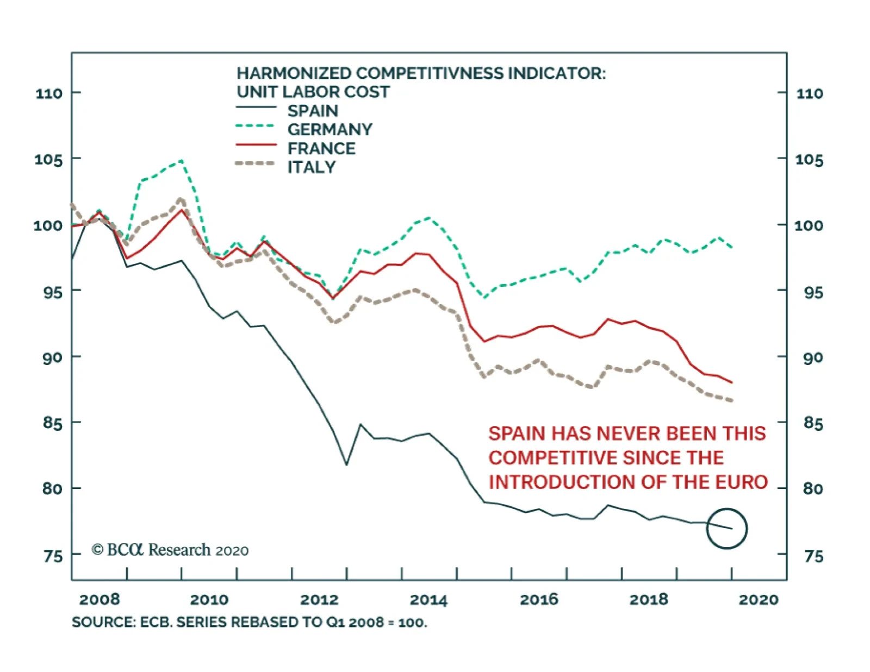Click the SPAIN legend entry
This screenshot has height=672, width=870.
pos(313,111)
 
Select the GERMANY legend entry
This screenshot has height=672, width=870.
pos(330,129)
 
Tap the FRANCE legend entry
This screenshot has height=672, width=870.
pos(321,148)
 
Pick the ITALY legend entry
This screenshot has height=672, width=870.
pos(312,167)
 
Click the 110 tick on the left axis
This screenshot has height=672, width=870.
pos(49,93)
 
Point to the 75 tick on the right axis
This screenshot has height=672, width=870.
pos(813,556)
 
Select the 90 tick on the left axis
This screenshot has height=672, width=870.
pos(52,358)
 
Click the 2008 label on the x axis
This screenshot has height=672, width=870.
pos(100,600)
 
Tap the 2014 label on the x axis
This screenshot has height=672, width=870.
pos(428,600)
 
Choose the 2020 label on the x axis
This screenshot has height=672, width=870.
pos(758,600)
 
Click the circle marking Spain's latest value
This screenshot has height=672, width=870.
pos(727,529)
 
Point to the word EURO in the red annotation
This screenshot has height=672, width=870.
pos(741,482)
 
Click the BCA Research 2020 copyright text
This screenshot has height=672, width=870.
pos(170,550)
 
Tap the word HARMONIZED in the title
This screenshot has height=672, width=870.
pos(294,73)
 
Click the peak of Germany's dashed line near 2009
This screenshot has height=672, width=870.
pos(182,160)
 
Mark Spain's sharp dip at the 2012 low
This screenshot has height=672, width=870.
pos(346,464)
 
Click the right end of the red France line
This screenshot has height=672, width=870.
pos(732,382)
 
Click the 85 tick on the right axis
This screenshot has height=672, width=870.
pos(813,423)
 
